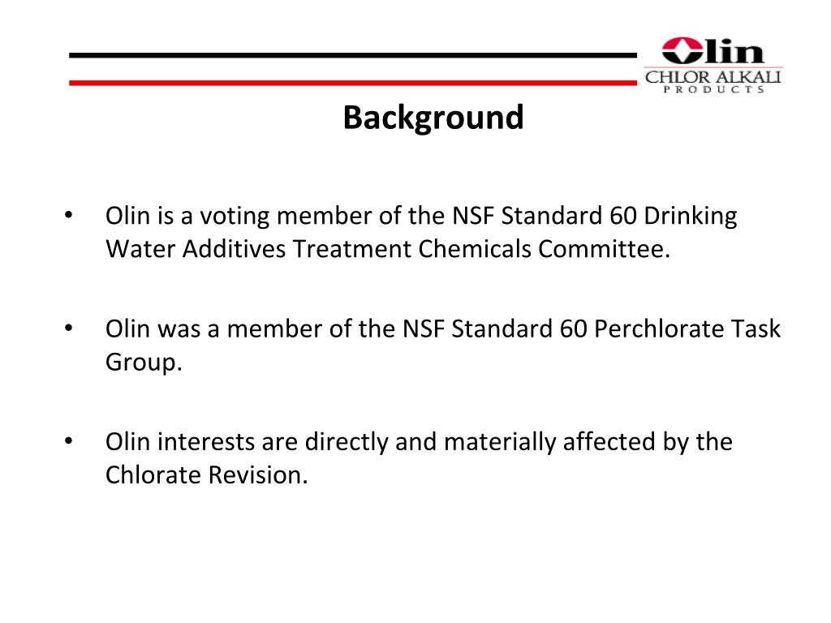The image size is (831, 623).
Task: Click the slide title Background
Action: click(x=433, y=118)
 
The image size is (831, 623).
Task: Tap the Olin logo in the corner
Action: click(x=713, y=64)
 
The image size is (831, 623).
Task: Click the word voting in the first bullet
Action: click(x=231, y=217)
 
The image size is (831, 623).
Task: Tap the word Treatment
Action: click(x=352, y=248)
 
